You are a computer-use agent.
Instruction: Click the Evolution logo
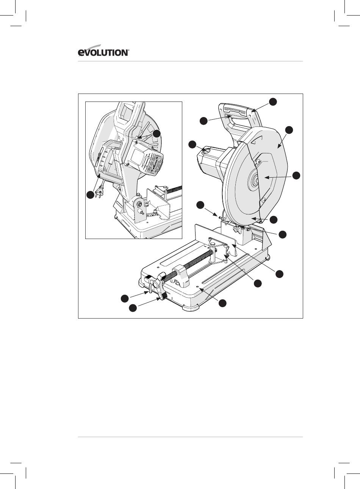[103, 51]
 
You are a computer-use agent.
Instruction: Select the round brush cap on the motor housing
[207, 150]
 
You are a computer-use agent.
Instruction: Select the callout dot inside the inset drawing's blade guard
[157, 134]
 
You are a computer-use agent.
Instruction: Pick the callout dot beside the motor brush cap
[193, 145]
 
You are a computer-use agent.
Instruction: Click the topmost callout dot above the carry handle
[273, 102]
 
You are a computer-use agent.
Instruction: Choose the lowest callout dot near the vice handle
[133, 308]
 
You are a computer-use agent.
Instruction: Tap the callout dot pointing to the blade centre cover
[296, 175]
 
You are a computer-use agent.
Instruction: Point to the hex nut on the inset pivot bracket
[139, 204]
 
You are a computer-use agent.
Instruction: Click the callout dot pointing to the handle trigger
[203, 121]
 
